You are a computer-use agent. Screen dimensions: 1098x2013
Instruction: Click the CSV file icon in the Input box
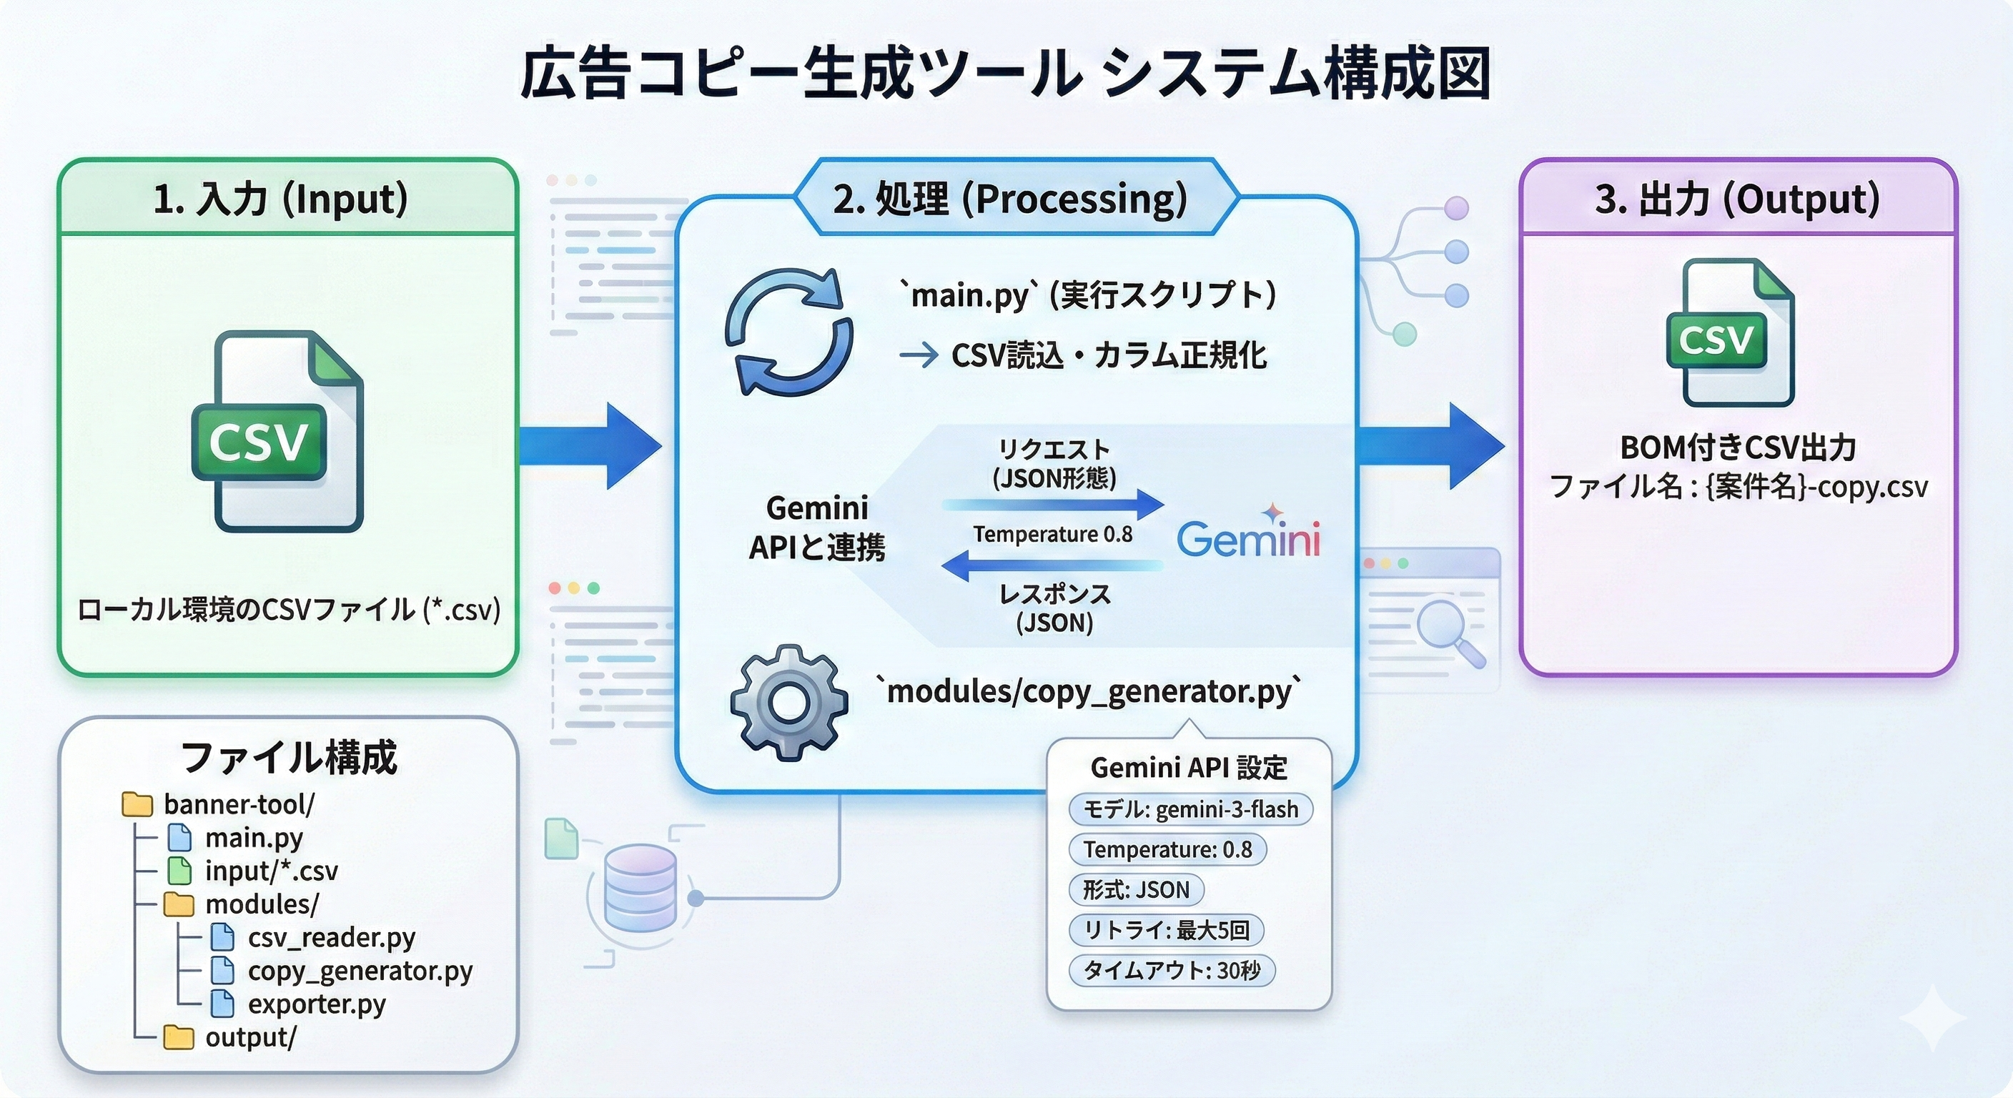[x=278, y=432]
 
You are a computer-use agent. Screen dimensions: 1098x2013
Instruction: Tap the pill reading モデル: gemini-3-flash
[x=1190, y=810]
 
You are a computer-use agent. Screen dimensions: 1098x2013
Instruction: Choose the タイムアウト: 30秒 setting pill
[x=1172, y=971]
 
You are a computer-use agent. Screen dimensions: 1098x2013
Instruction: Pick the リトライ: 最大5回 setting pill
[x=1166, y=930]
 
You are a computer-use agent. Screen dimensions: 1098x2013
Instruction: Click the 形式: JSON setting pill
[x=1136, y=889]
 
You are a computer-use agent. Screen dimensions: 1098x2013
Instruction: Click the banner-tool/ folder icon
[x=137, y=804]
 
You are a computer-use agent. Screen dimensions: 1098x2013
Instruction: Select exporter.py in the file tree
[x=317, y=1004]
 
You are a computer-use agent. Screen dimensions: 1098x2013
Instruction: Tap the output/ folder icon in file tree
[x=178, y=1038]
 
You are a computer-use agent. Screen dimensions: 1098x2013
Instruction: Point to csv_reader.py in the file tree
[x=332, y=937]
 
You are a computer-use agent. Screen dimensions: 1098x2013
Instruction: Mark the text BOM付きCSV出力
[x=1738, y=447]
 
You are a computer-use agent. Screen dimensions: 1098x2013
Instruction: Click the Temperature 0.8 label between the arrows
[x=1052, y=535]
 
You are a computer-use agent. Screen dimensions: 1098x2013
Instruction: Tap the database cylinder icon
[x=640, y=887]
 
